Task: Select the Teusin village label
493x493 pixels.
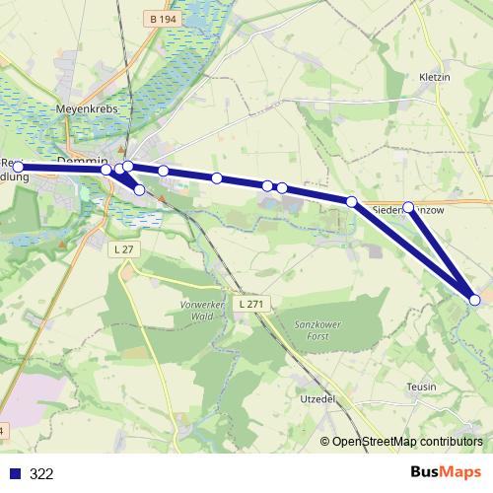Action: coord(421,387)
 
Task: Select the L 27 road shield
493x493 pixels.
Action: coord(123,250)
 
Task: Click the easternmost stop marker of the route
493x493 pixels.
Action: coord(475,300)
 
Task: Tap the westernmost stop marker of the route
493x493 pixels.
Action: coord(18,167)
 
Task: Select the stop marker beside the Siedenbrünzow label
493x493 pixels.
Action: coord(351,201)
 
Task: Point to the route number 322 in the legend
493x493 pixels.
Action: coord(41,473)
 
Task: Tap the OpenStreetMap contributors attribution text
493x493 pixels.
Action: coord(406,443)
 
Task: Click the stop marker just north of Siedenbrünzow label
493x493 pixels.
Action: coord(409,207)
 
